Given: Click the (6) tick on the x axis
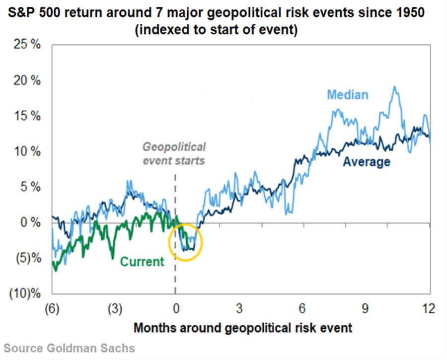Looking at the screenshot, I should click(x=52, y=309).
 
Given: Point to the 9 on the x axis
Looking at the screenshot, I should click(x=365, y=309).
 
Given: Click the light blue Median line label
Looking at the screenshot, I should click(x=348, y=94).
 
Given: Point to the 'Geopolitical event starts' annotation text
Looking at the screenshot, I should click(x=174, y=154).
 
